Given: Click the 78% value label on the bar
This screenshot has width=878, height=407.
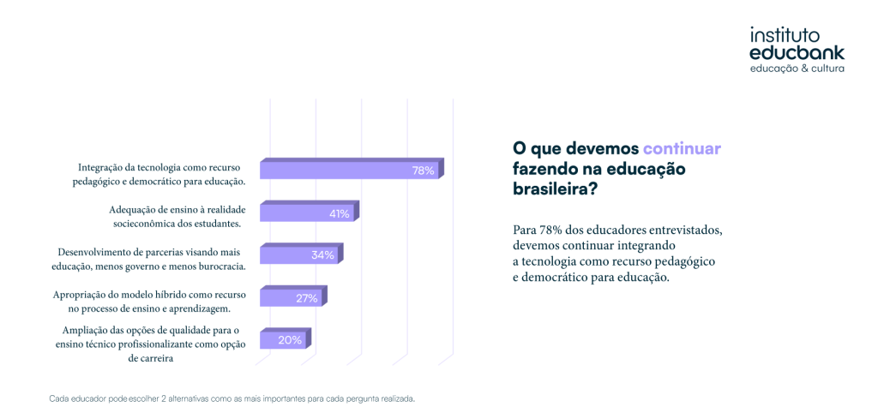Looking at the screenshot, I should click(x=423, y=171).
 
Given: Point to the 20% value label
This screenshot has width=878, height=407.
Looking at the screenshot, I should click(x=290, y=340).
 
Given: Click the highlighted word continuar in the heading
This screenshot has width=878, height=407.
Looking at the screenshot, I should click(x=682, y=147).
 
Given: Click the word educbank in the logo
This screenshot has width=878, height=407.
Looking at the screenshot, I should click(x=797, y=52).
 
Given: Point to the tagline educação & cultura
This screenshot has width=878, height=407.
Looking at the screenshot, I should click(x=797, y=68).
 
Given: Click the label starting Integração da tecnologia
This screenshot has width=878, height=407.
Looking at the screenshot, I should click(x=161, y=174).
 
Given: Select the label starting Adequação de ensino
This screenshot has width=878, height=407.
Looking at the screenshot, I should click(x=174, y=216).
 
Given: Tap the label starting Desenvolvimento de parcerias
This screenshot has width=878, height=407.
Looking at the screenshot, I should click(x=150, y=259).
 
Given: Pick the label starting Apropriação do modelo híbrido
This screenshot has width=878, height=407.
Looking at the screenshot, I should click(x=148, y=301).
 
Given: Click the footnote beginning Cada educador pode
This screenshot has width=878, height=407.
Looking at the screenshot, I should click(x=232, y=398).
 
